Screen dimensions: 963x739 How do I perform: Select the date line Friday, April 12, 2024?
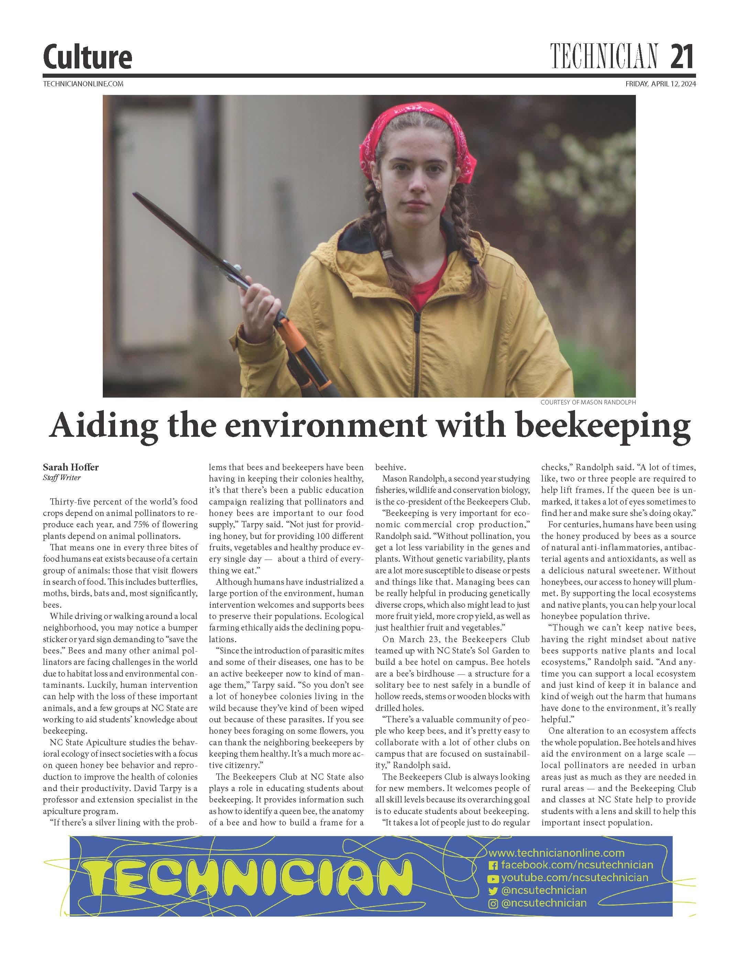(660, 84)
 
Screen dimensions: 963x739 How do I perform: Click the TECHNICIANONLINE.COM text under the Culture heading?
(83, 84)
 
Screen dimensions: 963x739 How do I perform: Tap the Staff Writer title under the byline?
(62, 477)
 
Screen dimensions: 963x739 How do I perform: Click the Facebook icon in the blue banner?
(494, 865)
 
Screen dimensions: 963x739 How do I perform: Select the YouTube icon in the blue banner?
(494, 878)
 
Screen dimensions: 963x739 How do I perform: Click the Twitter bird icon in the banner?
(494, 891)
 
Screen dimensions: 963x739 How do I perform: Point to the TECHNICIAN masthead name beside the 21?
(604, 57)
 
